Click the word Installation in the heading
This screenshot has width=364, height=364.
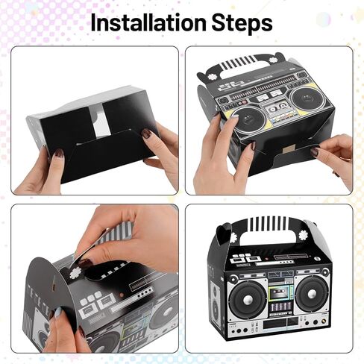point(148,22)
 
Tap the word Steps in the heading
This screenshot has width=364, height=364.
point(242,23)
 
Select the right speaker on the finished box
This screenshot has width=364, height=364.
point(312,294)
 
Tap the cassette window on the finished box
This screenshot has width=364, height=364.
point(280,292)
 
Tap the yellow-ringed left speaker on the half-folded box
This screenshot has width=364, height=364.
point(245,119)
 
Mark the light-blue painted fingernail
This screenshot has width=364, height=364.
point(58,311)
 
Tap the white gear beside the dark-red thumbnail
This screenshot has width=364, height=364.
point(74,273)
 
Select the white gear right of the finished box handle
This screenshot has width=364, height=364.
point(303,235)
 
